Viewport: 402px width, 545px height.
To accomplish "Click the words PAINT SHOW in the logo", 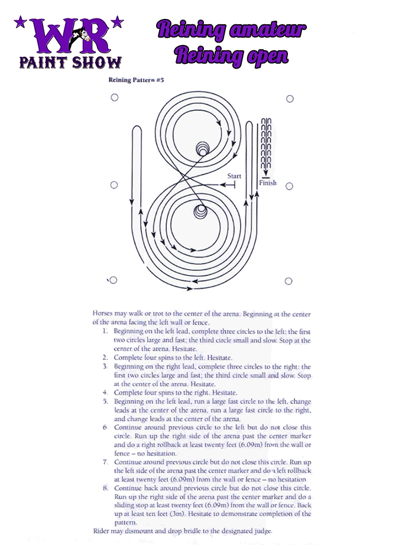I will (x=70, y=62).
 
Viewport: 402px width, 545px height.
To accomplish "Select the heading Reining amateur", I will (x=231, y=30).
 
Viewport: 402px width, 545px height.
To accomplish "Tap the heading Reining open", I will (x=231, y=55).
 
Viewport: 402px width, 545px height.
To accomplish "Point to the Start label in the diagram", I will (x=234, y=176).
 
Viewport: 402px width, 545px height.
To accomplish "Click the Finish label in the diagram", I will (x=267, y=183).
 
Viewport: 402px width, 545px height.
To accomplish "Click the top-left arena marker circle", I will (x=114, y=98).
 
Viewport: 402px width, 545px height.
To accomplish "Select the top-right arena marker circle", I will (x=290, y=99).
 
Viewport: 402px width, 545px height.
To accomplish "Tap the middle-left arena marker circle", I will (x=114, y=185).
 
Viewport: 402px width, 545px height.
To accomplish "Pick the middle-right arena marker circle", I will (x=290, y=186).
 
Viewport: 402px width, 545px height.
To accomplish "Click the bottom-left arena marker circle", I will (x=114, y=280).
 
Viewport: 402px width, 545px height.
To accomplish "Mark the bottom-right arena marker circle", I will (x=289, y=281).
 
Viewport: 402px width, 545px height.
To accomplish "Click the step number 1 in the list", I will (x=105, y=332).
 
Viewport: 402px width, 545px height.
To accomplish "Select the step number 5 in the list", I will (x=105, y=401).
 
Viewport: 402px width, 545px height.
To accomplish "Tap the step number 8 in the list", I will (x=105, y=488).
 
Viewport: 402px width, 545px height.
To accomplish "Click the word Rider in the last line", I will (x=102, y=531).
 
